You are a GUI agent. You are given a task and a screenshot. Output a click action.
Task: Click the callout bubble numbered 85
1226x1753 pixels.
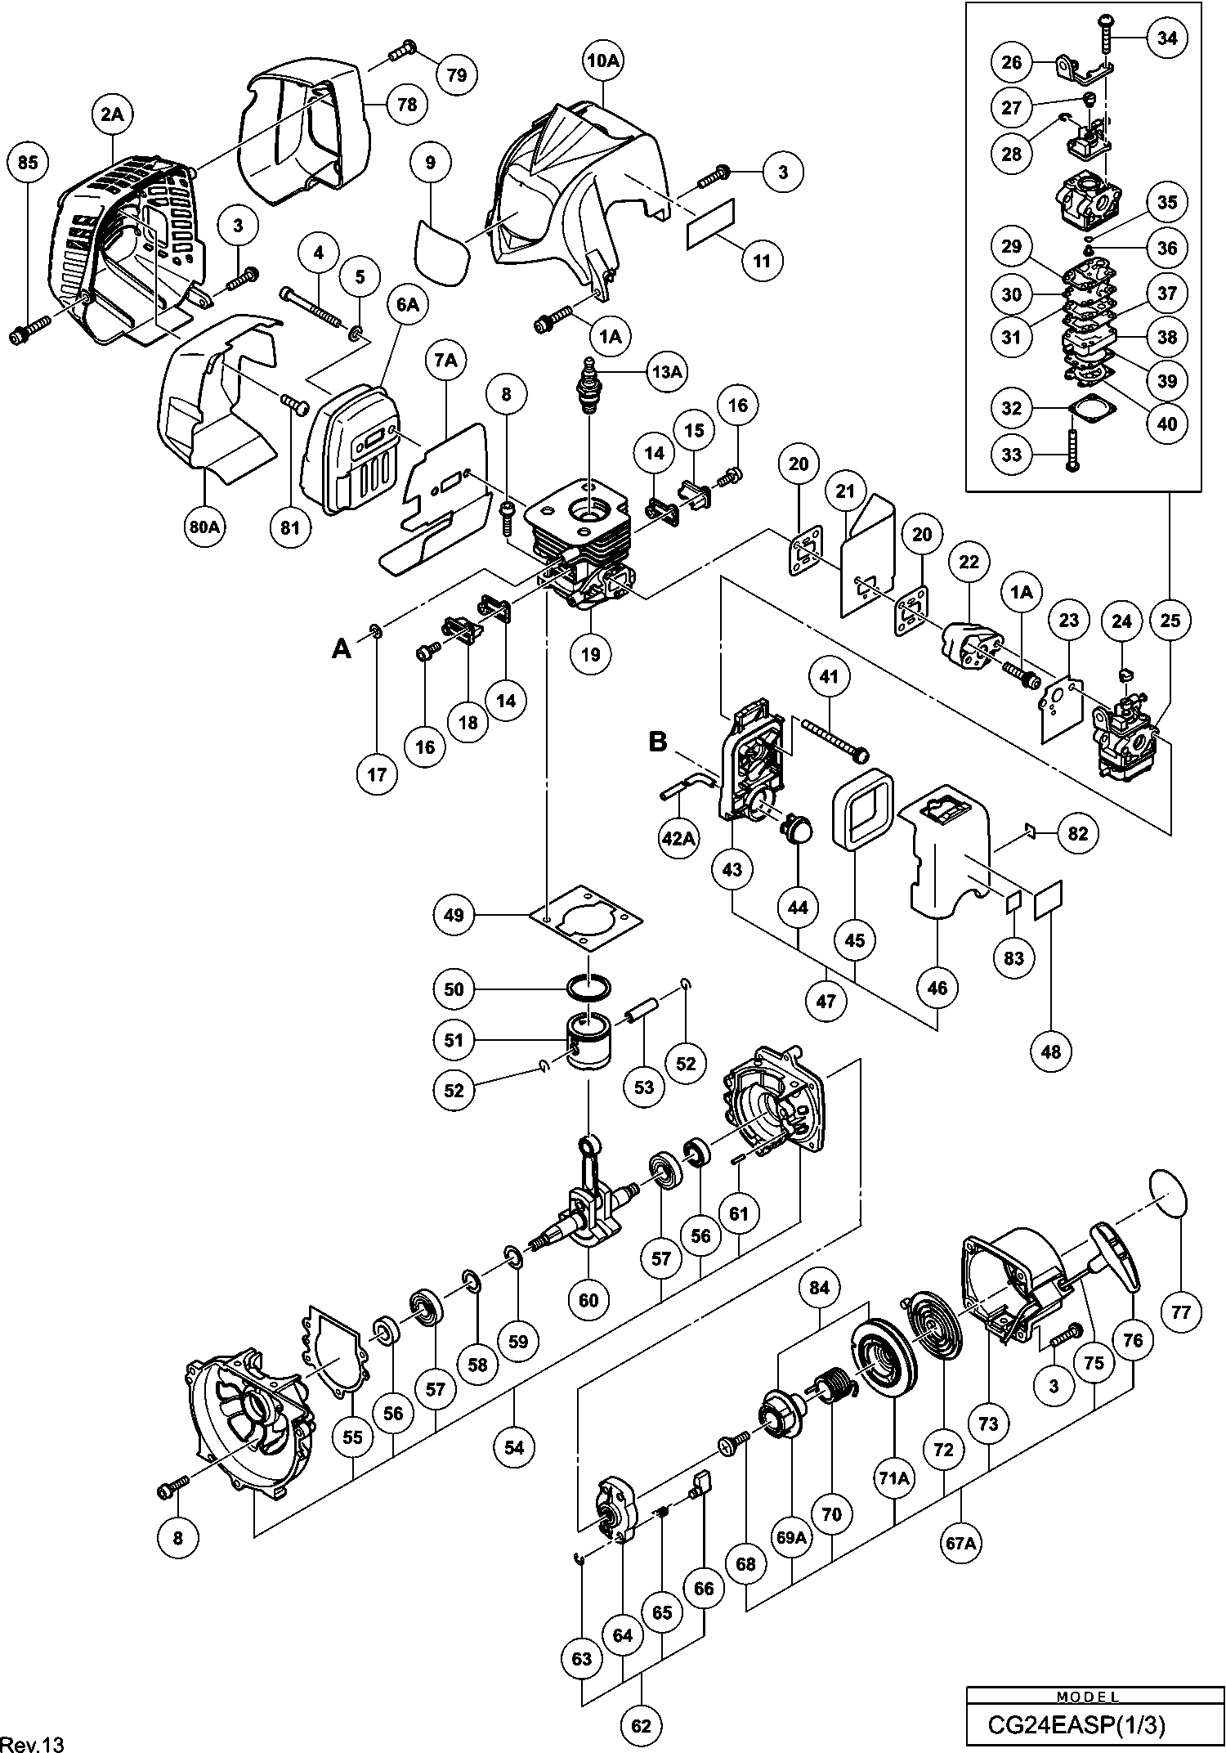28,164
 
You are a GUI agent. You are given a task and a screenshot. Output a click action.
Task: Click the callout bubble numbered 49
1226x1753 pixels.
454,915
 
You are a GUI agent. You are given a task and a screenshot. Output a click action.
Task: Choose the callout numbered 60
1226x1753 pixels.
588,1300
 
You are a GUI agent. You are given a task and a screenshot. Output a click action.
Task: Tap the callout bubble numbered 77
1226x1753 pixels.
1182,1313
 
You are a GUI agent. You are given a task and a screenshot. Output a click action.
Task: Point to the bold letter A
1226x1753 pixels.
342,649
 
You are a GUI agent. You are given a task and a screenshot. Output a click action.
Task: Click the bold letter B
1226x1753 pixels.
658,742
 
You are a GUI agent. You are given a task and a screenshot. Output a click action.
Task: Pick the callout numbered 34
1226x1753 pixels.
1168,38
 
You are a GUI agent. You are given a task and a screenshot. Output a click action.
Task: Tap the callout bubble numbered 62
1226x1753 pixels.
642,1725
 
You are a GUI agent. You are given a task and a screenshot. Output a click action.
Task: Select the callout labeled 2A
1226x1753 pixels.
112,115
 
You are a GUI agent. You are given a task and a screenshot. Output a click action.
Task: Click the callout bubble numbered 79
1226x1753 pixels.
457,74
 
